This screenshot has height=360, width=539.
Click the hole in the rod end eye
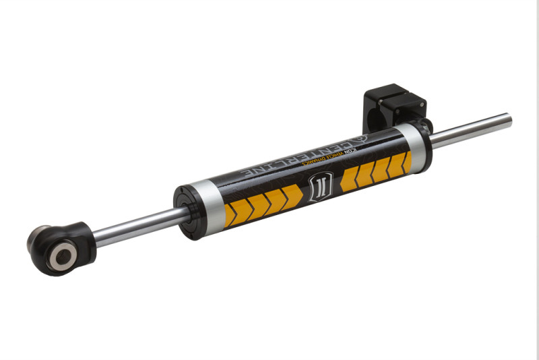click(x=65, y=254)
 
